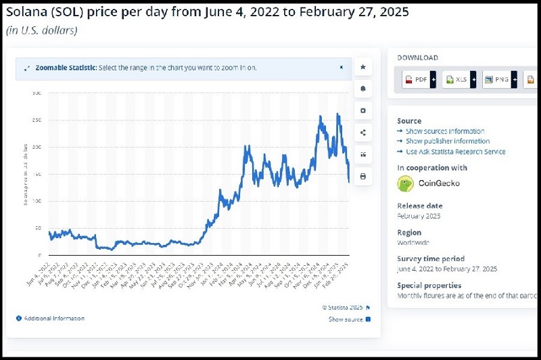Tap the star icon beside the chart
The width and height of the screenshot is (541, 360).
(362, 67)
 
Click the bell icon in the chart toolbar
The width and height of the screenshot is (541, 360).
(362, 89)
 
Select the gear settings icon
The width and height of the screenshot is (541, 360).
(362, 110)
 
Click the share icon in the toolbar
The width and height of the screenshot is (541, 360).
(362, 133)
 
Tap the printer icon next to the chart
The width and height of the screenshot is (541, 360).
(362, 177)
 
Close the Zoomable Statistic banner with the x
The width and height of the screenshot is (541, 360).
(342, 68)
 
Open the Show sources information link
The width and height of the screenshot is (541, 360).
(444, 131)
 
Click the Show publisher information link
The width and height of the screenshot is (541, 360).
(448, 141)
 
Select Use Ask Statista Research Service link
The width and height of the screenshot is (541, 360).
(455, 152)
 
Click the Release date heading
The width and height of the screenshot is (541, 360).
(420, 206)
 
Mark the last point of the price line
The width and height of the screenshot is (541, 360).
(349, 181)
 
